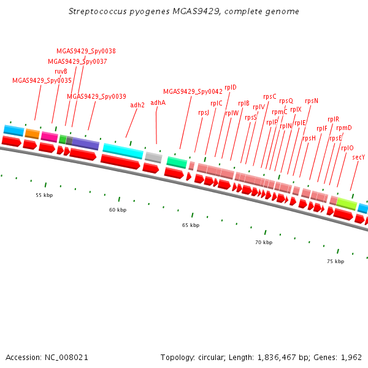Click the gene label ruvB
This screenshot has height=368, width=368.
click(61, 71)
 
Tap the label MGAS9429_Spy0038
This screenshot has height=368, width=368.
click(86, 52)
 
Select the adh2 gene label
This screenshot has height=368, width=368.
click(137, 105)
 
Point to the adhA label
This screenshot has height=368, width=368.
click(158, 102)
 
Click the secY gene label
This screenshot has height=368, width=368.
click(359, 157)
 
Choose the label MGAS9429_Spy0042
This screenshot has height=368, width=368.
click(193, 91)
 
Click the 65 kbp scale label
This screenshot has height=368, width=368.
click(191, 225)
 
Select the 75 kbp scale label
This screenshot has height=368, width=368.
click(335, 261)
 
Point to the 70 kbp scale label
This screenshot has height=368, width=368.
click(263, 242)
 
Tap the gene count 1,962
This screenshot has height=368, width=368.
click(350, 357)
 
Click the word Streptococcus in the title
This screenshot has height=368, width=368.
click(98, 12)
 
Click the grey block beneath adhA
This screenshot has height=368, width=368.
click(153, 158)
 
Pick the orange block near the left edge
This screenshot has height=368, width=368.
click(33, 134)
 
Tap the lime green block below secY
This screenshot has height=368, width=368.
click(347, 203)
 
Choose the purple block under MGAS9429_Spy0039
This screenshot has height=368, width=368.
click(86, 144)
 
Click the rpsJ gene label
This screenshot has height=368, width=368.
click(204, 112)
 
